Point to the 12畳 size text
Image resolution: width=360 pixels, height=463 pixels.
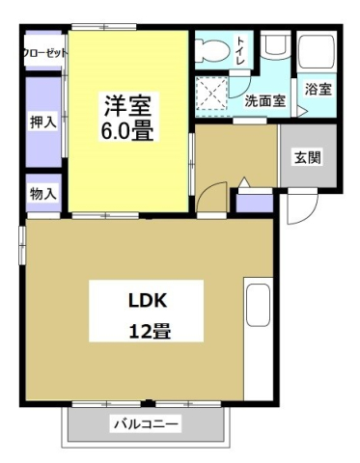(x=146, y=331)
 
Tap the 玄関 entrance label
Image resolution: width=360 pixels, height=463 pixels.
(x=307, y=157)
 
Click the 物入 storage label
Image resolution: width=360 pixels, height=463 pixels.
(x=42, y=193)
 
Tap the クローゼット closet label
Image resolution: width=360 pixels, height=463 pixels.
(x=44, y=53)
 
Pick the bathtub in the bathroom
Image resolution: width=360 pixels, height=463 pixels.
(x=317, y=52)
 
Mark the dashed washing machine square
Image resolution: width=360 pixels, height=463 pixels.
(x=212, y=95)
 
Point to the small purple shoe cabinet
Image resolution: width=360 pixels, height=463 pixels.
(x=255, y=203)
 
